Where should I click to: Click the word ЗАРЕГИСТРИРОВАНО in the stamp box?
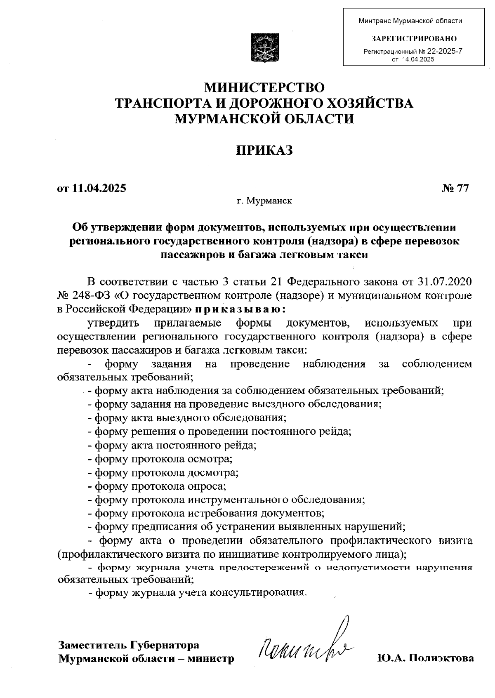(x=414, y=39)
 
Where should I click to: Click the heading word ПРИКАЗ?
(x=264, y=150)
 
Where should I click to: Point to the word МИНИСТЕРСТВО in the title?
(x=265, y=87)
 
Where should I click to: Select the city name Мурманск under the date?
(x=268, y=201)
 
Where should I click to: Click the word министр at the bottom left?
(x=211, y=658)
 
